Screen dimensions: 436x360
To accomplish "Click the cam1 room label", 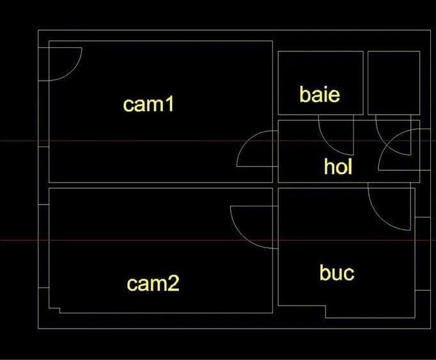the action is pos(148,104).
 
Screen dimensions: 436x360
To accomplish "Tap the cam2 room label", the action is pos(153,283).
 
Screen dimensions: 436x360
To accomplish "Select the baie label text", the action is pos(320,94).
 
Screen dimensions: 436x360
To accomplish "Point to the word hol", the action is pos(338,166).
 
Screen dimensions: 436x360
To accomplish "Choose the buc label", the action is pos(337,272).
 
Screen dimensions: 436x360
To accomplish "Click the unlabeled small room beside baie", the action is pos(394,82).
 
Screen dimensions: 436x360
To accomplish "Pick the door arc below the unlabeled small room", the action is pos(385,143).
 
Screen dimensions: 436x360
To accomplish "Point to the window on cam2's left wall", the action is pos(43,246).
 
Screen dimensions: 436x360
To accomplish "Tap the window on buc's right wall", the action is pos(423,254).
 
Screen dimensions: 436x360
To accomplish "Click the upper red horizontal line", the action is pos(218,141).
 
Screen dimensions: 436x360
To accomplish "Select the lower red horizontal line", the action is pos(218,240).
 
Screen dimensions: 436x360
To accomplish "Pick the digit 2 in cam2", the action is pos(173,283).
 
